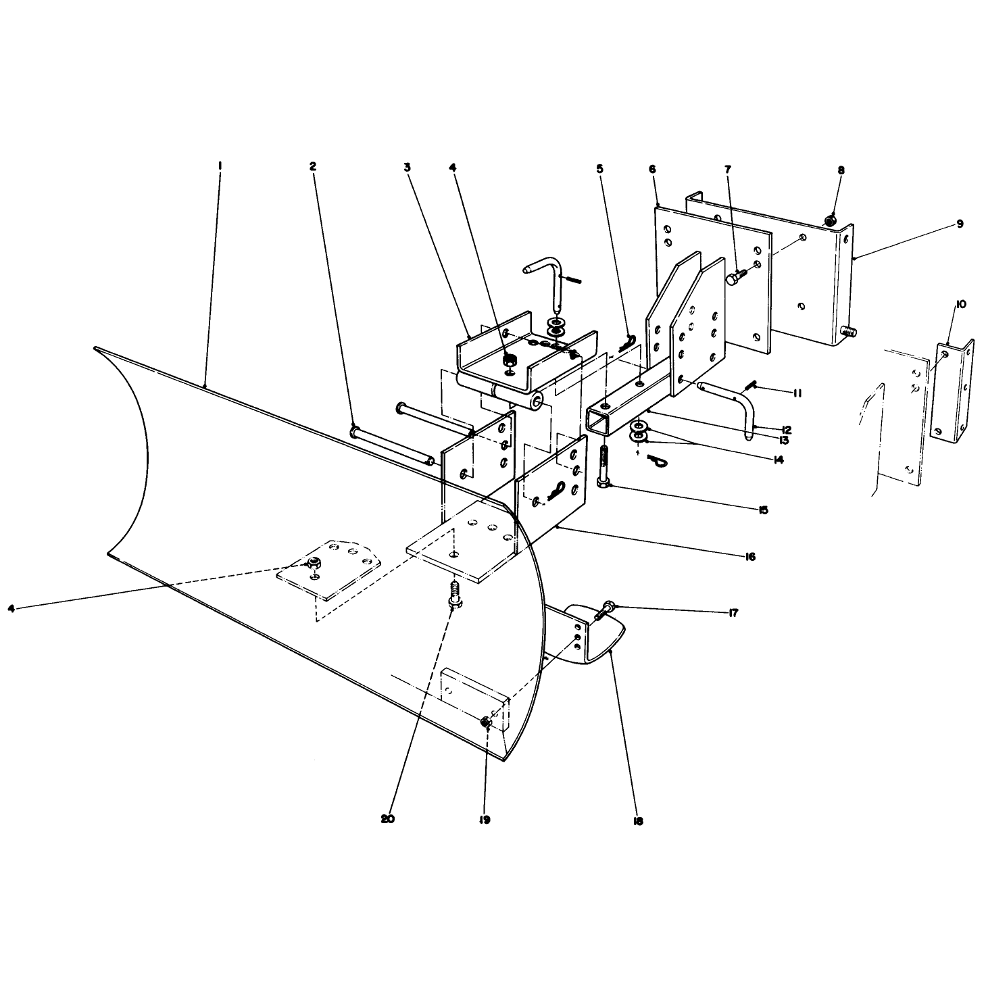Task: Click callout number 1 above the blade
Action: coord(220,166)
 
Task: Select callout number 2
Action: coord(313,166)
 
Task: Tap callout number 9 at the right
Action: coord(960,224)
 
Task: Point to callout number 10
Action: coord(960,304)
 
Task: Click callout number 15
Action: coord(763,510)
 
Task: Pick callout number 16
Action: coord(750,557)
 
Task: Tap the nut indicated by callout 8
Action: coord(830,220)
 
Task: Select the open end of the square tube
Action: coord(598,422)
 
